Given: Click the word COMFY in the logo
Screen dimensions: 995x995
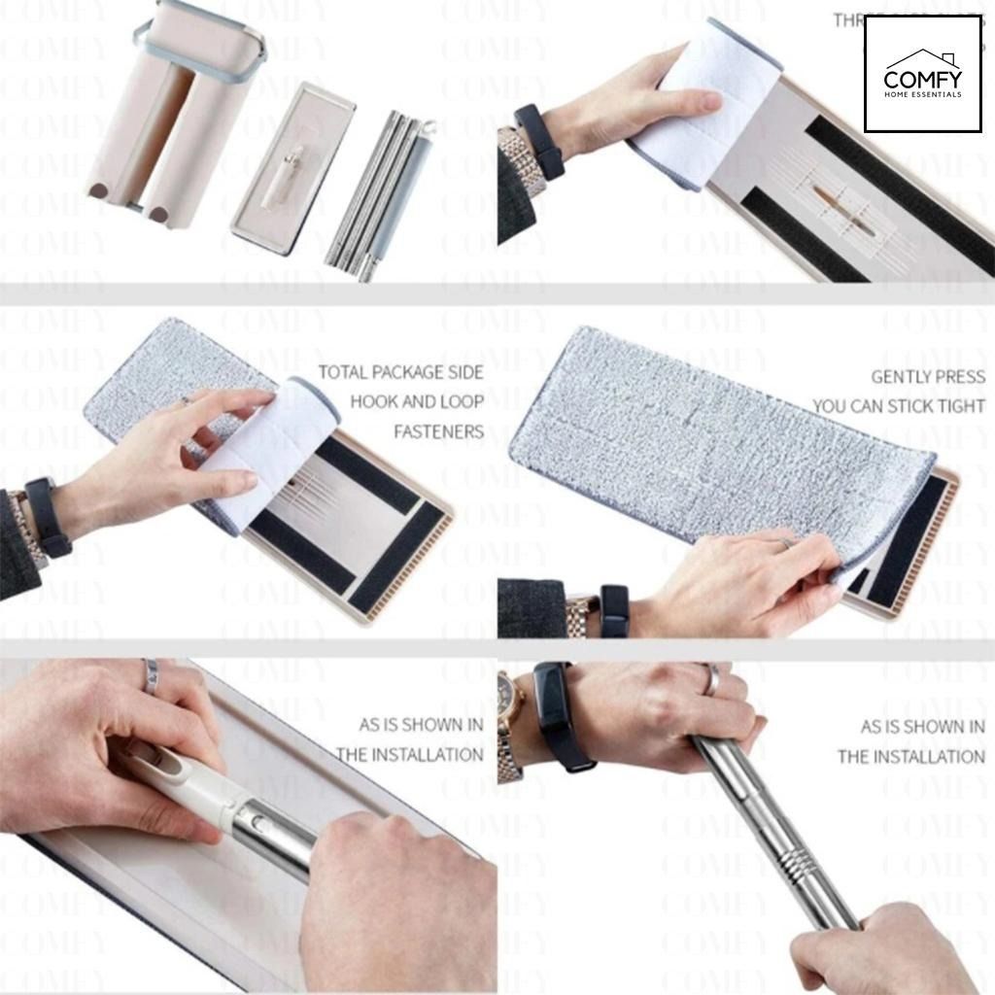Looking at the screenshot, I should point(922,79).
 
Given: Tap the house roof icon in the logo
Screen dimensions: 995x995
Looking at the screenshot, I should point(922,54).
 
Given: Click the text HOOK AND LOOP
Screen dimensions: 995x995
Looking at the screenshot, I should point(416,401).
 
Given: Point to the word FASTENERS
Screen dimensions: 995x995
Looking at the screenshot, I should point(438,430).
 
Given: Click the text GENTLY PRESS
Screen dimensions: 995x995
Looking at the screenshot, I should point(927,377).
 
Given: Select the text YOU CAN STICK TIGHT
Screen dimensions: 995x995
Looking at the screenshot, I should point(898,406).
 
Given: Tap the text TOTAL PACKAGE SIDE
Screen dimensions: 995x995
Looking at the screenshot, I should point(400,372).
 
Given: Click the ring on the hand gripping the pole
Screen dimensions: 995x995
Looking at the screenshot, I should point(711,679).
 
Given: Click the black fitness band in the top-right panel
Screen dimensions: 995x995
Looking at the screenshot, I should point(539,141).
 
